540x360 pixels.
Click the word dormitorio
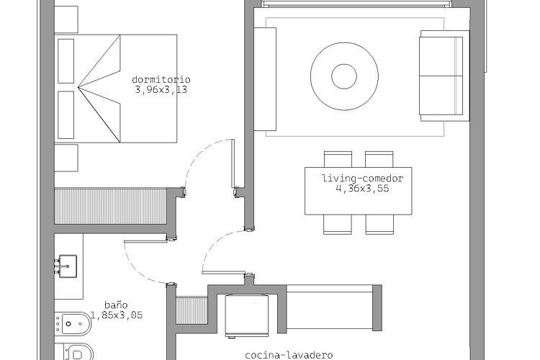tap(161, 80)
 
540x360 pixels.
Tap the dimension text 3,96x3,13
tap(161, 90)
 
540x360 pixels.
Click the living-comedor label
tap(362, 179)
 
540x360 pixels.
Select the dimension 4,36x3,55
tap(362, 189)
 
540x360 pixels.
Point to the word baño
tap(116, 305)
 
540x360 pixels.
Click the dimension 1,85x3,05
tap(117, 315)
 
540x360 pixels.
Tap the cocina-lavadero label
tap(289, 355)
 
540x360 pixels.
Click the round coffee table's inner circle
tap(344, 76)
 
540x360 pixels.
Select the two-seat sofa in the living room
tap(444, 76)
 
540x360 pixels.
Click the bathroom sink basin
tap(68, 266)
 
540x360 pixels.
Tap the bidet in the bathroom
tap(73, 324)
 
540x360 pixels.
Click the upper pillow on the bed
tap(66, 61)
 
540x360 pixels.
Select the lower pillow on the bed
tap(66, 114)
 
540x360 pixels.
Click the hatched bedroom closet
tap(111, 206)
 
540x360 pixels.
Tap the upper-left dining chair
tap(338, 159)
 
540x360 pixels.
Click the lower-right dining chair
tap(379, 224)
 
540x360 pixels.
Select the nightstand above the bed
tap(66, 20)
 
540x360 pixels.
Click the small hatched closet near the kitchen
tap(192, 311)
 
